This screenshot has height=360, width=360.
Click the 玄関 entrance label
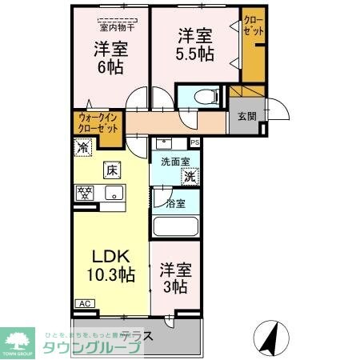pos(246,115)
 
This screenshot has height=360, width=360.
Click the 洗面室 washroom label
pos(174,162)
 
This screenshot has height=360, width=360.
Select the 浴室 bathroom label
pos(176,203)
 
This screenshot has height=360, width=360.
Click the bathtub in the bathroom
pos(175,226)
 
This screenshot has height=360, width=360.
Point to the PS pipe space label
pos(194,144)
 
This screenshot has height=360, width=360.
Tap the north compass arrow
pos(275,335)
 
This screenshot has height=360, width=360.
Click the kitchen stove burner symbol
pos(85,193)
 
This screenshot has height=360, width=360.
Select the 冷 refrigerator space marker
pos(82,146)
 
